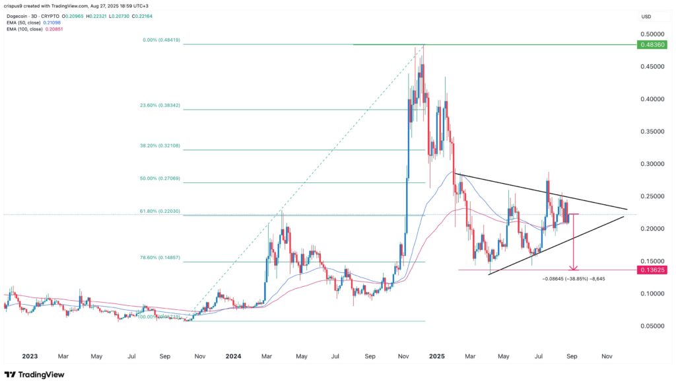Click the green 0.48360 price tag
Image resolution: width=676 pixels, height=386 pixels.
coord(651,45)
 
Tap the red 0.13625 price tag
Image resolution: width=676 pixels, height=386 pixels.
coord(651,270)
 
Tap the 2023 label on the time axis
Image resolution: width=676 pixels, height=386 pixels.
coord(29,356)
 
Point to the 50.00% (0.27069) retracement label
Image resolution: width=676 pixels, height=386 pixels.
coord(162,179)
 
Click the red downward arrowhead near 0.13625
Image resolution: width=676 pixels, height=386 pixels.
coord(574,268)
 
